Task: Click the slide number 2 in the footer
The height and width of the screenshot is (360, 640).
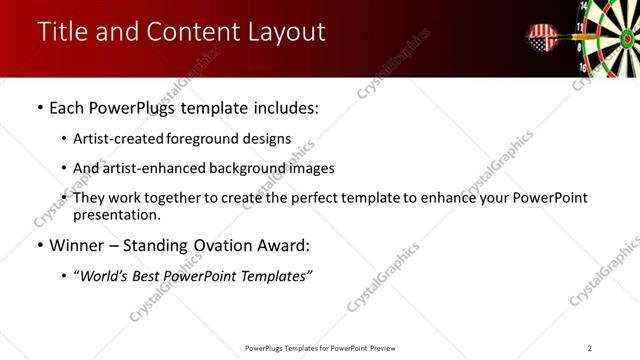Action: (590, 348)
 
